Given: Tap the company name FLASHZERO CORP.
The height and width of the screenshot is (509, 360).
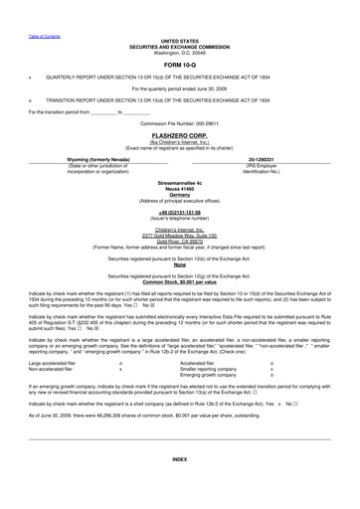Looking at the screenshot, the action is (x=179, y=133).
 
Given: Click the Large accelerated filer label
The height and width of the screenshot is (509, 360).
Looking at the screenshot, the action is (x=50, y=363).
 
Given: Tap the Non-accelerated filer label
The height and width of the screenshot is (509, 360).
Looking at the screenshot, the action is (x=49, y=369).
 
